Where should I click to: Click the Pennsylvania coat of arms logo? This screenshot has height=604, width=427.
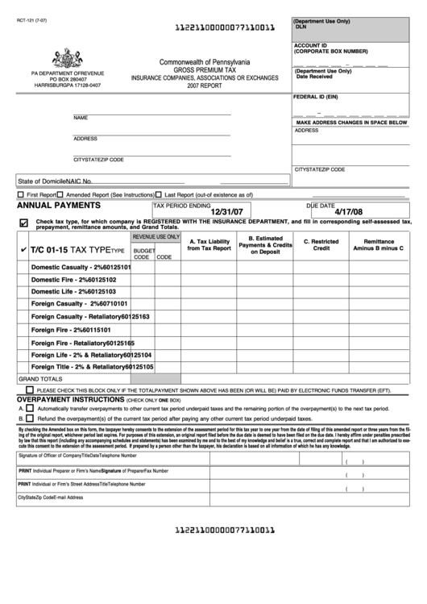pos(67,57)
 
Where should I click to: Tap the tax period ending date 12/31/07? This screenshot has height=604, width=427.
pos(228,212)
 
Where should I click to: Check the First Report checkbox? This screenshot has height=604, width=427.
pos(20,195)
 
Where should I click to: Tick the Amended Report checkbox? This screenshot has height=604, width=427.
pos(60,195)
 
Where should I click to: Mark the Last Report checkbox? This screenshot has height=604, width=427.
pos(160,195)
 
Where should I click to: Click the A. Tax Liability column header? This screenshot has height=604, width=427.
pos(209,244)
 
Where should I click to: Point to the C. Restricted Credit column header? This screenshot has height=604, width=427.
pos(321,244)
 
